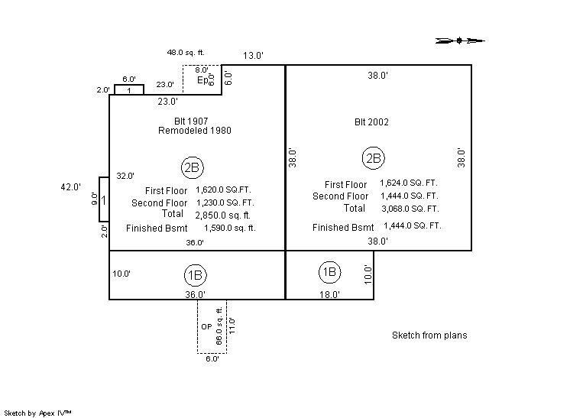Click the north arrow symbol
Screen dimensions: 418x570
tap(460, 41)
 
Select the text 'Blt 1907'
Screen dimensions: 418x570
tap(191, 122)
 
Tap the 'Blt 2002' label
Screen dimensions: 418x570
tap(371, 122)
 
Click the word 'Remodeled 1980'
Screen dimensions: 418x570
tap(195, 131)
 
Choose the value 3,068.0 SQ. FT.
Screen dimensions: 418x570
tap(410, 208)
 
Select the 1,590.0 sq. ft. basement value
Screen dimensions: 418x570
tap(230, 228)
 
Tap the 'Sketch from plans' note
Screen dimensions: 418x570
tap(429, 335)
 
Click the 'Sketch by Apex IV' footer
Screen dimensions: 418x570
tap(38, 413)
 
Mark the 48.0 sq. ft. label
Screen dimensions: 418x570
tap(186, 53)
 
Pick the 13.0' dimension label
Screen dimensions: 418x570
tap(254, 56)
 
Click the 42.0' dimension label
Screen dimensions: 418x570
tap(71, 186)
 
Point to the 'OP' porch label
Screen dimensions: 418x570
tap(206, 326)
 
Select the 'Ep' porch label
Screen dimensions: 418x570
tap(202, 80)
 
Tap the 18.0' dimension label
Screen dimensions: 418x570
tap(329, 294)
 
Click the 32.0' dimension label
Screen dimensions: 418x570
tap(125, 176)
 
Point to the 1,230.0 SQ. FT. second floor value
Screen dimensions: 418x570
tap(225, 203)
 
